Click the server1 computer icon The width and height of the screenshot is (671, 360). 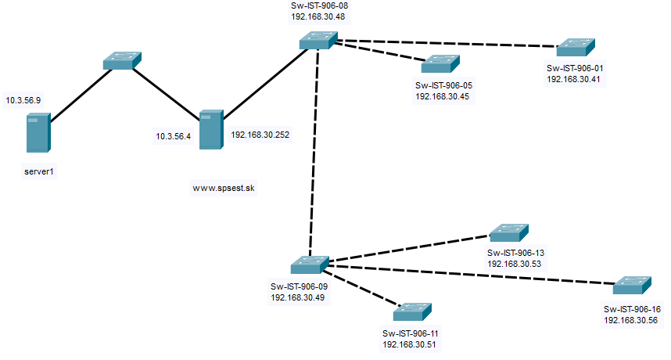38,132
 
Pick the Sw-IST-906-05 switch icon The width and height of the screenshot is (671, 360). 441,63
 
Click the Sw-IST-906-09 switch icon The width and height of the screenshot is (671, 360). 310,265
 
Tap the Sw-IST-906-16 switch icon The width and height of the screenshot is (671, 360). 633,286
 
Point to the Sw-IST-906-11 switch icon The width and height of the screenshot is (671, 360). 412,311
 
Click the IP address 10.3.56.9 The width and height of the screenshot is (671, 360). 23,101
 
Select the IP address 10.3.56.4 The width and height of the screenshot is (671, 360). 174,136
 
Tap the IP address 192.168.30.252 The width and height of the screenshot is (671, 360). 260,135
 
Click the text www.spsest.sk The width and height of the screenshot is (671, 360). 224,188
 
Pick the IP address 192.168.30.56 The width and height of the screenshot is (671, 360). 631,320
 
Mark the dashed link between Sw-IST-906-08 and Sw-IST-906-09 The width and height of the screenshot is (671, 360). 314,149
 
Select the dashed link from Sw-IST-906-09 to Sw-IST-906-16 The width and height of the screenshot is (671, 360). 469,275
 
